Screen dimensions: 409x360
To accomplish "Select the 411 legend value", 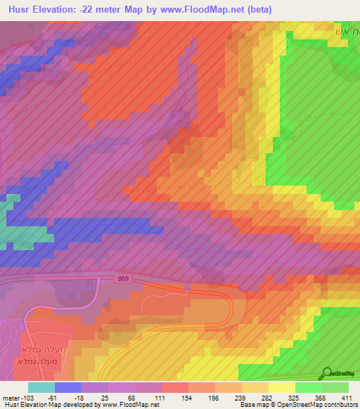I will coord(347,398).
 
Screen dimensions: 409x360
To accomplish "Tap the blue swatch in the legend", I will coord(68,388).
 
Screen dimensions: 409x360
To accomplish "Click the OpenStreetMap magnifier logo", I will coord(328,372).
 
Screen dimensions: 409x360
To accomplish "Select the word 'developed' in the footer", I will coord(72,405).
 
